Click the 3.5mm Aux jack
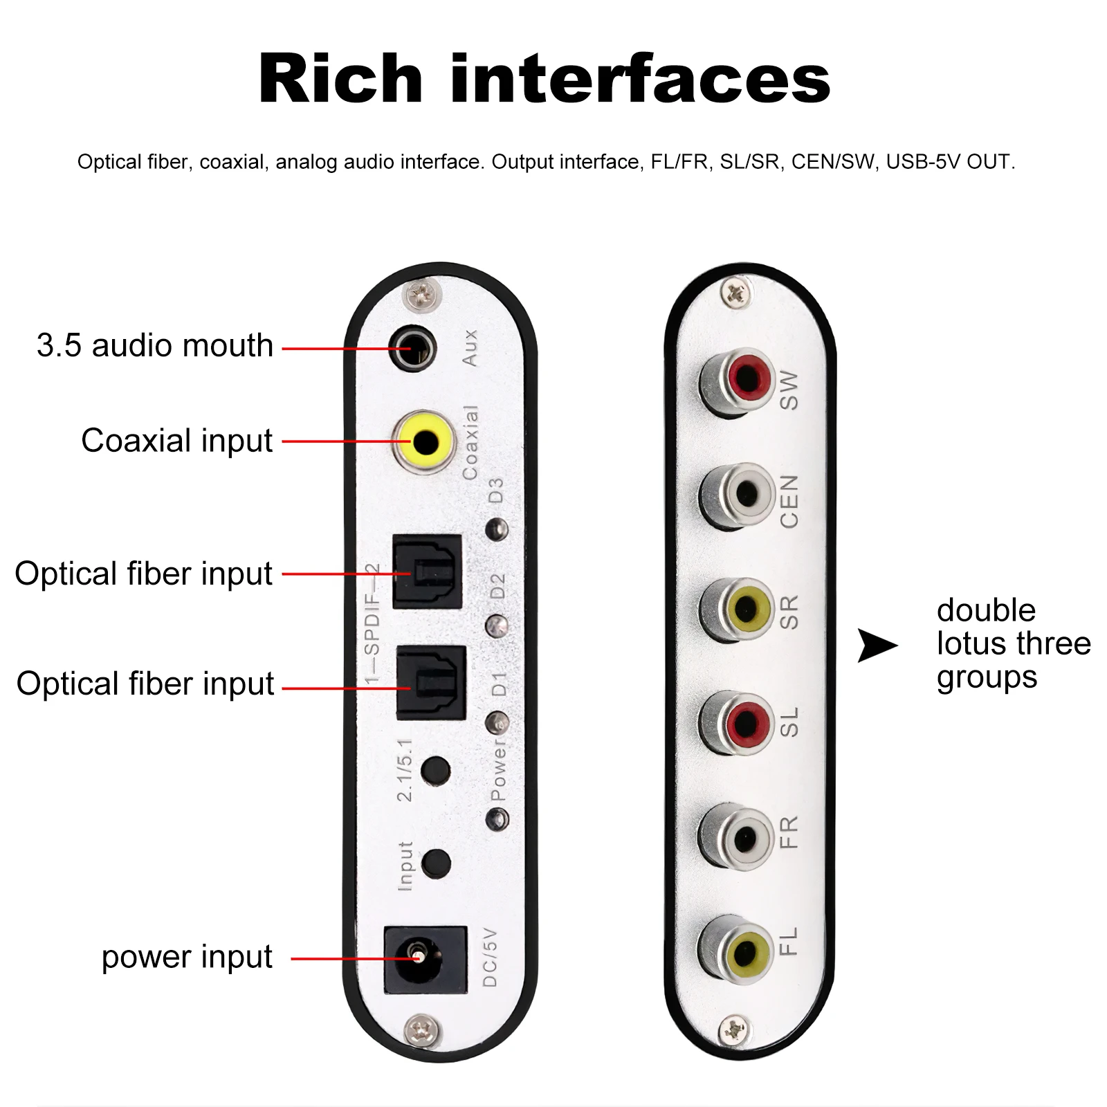413,348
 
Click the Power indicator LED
497,820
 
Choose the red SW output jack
747,378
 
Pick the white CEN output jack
745,492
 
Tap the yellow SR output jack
745,609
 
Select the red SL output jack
745,724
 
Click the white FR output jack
744,839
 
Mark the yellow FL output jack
744,953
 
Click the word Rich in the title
340,80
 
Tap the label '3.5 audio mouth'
155,345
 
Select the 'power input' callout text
187,957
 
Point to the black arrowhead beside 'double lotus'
877,645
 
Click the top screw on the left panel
421,295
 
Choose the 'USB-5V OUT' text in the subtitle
949,162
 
